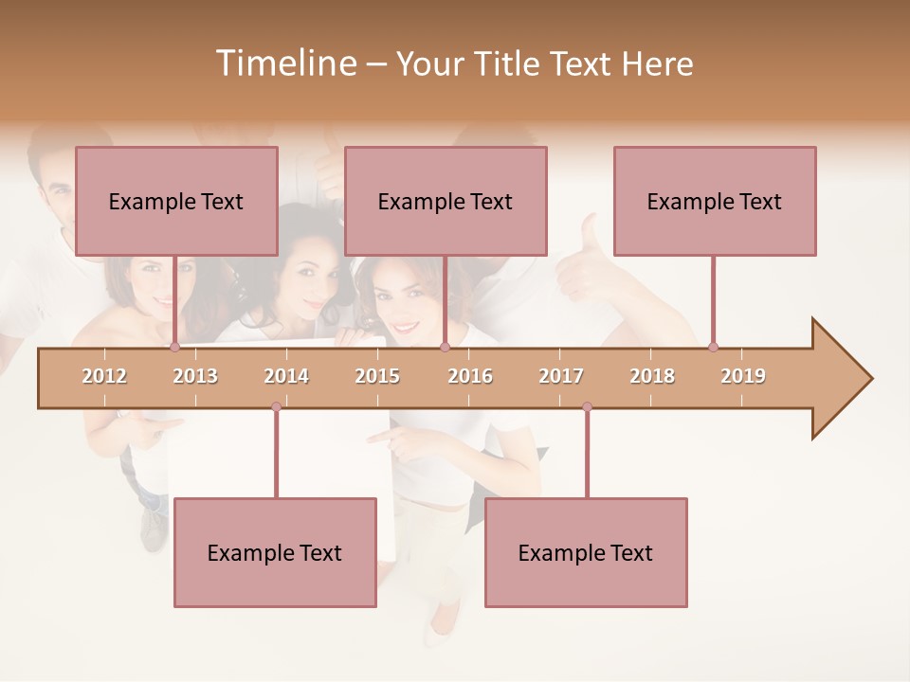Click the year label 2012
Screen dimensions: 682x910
coord(104,376)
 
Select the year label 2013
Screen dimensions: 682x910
coord(195,376)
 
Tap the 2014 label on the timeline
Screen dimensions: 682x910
coord(286,376)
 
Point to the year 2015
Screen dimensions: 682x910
coord(377,376)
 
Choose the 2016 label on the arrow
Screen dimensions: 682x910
coord(470,376)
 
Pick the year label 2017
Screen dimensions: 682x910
coord(561,376)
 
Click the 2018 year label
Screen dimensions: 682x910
coord(652,376)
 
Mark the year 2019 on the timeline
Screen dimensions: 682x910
coord(743,376)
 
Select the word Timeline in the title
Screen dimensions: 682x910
coord(284,63)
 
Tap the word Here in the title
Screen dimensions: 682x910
coord(657,63)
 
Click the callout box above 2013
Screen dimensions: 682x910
coord(176,201)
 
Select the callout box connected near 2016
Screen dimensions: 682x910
coord(446,201)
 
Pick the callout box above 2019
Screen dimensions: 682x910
coord(715,201)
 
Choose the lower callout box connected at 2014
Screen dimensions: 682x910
coord(275,552)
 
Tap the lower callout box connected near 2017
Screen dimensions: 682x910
coord(586,552)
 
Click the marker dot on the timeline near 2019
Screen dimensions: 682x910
coord(713,347)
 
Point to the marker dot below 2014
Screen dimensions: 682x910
coord(276,407)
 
